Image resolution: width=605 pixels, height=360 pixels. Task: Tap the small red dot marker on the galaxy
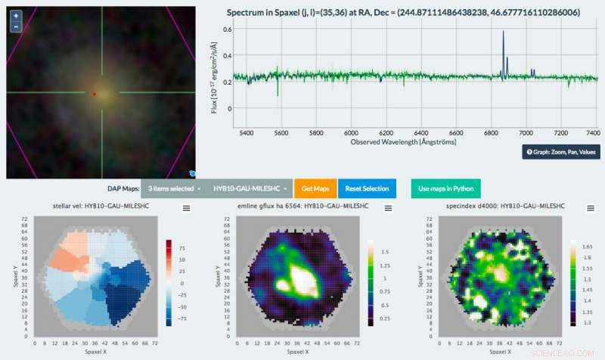click(94, 94)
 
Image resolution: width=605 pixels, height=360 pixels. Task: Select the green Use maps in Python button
click(445, 188)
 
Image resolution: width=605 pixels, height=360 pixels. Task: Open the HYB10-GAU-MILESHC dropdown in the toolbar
click(248, 188)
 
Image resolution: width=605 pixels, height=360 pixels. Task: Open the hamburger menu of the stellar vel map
click(186, 209)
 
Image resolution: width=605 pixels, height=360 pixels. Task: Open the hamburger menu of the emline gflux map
click(388, 209)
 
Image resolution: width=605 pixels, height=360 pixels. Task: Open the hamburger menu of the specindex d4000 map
click(590, 209)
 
